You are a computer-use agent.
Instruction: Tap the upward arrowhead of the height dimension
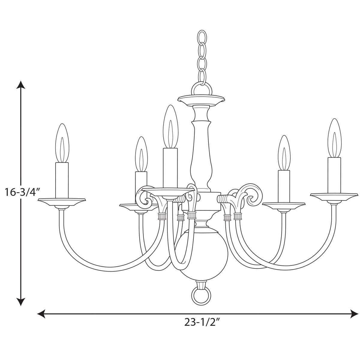coord(20,85)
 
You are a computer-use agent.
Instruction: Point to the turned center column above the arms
coord(201,150)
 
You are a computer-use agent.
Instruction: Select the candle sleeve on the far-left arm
coord(62,180)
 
